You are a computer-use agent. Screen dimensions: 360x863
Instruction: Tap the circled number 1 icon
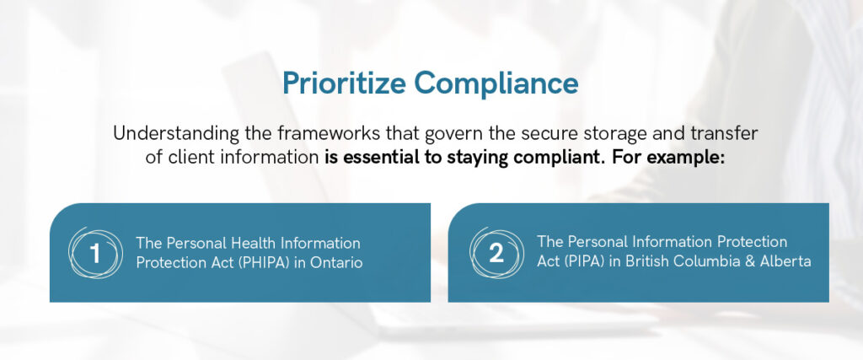coord(94,253)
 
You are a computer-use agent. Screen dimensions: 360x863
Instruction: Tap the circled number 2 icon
coord(496,253)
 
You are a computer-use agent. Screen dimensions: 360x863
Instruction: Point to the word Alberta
coord(785,261)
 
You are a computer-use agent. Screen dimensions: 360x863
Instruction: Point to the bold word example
coord(693,158)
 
